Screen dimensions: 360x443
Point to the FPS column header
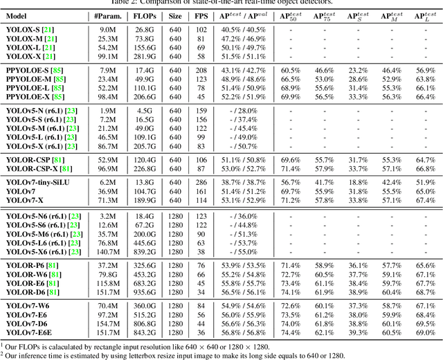201,15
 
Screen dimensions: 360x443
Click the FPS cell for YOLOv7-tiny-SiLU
201,181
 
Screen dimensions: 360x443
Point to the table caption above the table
221,3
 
